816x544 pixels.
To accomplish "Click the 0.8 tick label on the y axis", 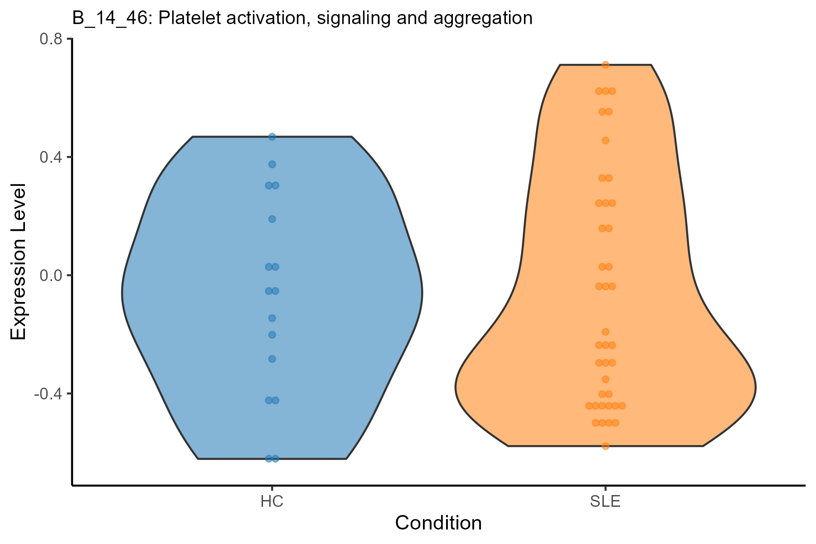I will click(x=51, y=39).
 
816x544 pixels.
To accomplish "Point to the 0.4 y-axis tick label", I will click(x=51, y=157).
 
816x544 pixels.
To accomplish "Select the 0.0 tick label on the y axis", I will click(x=51, y=275).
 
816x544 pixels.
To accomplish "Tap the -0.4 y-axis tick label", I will click(x=49, y=393).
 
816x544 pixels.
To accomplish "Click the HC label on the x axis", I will click(x=272, y=502).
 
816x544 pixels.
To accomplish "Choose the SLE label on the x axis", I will click(x=605, y=502).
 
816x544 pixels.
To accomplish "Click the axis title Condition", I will click(x=438, y=523).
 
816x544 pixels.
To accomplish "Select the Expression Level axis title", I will click(x=19, y=262).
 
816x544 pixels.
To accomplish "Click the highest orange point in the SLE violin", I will click(x=605, y=65).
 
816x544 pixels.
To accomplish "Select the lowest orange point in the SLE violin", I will click(x=605, y=446).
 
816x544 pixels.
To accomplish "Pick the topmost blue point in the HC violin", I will click(x=272, y=136).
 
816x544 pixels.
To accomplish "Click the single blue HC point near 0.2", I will click(x=272, y=219).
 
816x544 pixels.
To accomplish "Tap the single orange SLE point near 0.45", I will click(x=605, y=141).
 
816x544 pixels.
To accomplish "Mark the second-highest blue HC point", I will click(x=272, y=164).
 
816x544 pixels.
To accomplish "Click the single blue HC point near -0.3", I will click(x=272, y=359).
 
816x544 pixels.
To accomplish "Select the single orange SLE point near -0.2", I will click(x=605, y=332).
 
